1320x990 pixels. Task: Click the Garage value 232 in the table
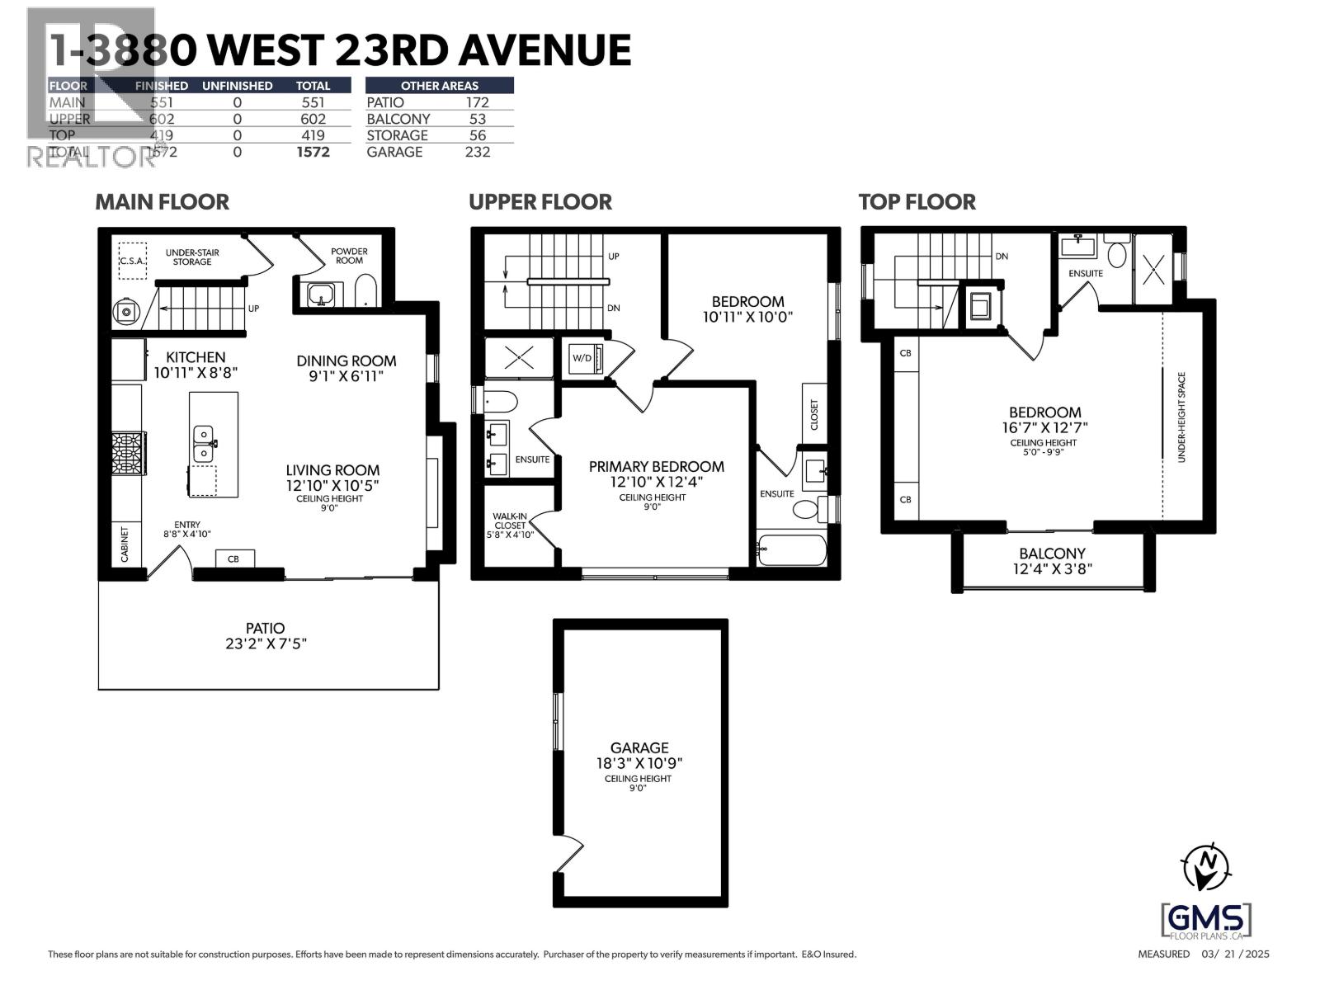click(477, 152)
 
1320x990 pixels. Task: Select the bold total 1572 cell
click(313, 152)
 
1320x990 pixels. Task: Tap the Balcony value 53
click(477, 119)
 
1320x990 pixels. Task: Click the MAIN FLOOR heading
click(162, 202)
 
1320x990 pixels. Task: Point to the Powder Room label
click(349, 256)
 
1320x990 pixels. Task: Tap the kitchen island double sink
click(203, 444)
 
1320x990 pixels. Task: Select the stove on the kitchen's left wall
click(128, 453)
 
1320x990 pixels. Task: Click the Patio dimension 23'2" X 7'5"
click(266, 643)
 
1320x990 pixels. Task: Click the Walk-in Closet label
click(510, 525)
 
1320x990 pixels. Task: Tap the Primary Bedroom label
click(656, 467)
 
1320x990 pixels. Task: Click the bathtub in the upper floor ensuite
click(791, 551)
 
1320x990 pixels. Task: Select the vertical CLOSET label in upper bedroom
click(814, 415)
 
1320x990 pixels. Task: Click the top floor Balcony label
click(1052, 554)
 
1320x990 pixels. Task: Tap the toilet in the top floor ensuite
click(1116, 254)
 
